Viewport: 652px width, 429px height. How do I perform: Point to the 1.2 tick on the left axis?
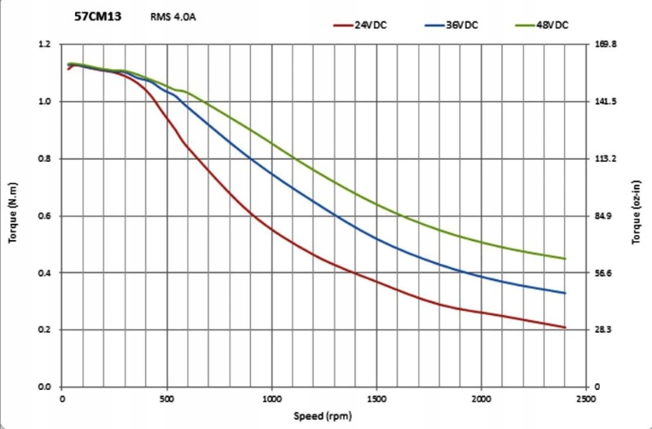tap(46, 45)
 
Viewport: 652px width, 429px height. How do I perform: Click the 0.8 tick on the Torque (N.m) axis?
tap(46, 159)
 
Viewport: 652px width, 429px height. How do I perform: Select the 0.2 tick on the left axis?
tap(46, 330)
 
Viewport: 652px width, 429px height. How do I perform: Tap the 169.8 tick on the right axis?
tap(609, 45)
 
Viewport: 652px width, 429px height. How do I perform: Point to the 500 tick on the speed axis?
tap(167, 399)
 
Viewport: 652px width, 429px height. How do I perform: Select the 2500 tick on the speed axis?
tap(585, 399)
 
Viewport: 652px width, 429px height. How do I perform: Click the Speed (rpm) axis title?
tap(324, 416)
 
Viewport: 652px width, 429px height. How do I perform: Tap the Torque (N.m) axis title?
tap(15, 216)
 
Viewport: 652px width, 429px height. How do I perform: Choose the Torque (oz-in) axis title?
tap(636, 216)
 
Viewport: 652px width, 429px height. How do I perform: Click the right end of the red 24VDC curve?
tap(565, 327)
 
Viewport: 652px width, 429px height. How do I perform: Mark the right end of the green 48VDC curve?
tap(565, 259)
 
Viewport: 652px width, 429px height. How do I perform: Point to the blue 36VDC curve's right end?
tap(565, 293)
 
